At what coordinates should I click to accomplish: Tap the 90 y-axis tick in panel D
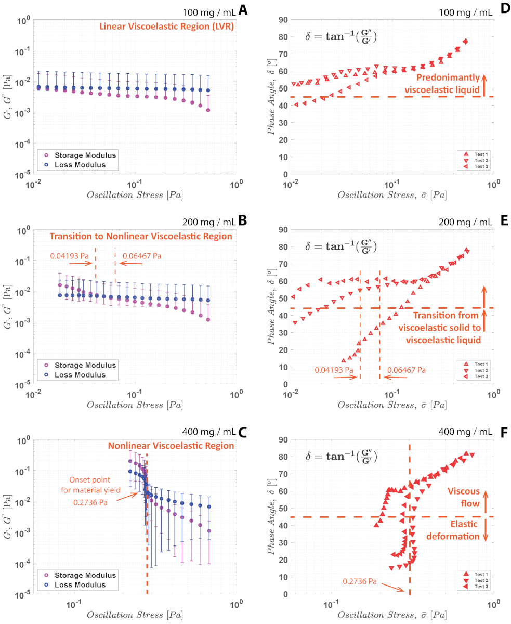tap(283, 20)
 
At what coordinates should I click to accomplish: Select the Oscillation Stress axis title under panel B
tap(135, 404)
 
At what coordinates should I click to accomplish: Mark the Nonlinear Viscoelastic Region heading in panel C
tap(171, 446)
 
